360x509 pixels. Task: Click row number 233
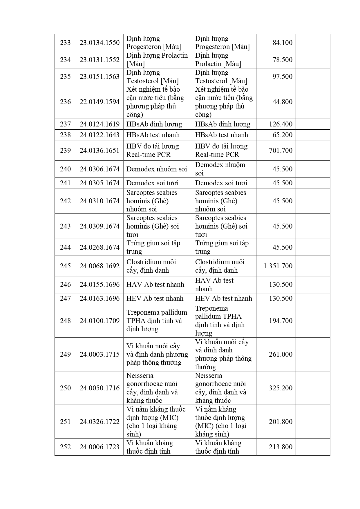click(x=65, y=43)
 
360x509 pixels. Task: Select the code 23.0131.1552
click(x=100, y=60)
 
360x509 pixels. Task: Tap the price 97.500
click(x=282, y=77)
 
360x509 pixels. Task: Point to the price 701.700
click(x=281, y=151)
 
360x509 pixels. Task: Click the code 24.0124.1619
click(x=100, y=124)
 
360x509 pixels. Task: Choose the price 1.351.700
click(x=278, y=266)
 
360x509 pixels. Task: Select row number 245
click(x=65, y=266)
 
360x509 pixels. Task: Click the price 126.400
click(x=281, y=124)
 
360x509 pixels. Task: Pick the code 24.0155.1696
click(x=100, y=285)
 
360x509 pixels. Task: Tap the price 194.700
click(x=281, y=321)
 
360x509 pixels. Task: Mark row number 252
click(x=65, y=447)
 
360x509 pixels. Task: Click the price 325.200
click(x=281, y=388)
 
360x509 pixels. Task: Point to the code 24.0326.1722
click(x=100, y=422)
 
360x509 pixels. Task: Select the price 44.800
click(x=282, y=102)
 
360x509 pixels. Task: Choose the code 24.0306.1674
click(x=100, y=169)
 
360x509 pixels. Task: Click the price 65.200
click(x=282, y=135)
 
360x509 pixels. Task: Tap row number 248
click(x=65, y=321)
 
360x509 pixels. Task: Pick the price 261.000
click(x=281, y=354)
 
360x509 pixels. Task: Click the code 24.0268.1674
click(x=100, y=247)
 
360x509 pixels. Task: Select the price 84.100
click(x=282, y=43)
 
